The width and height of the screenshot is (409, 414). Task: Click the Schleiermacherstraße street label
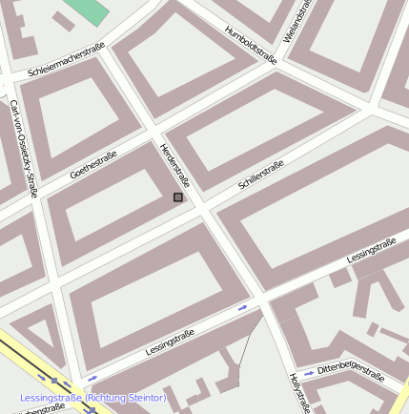tap(66, 60)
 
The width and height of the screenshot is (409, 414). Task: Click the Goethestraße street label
tap(93, 165)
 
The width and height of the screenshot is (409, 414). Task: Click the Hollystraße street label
tap(299, 392)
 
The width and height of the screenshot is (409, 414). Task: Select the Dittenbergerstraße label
tap(350, 368)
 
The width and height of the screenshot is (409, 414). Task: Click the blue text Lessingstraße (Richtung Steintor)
tap(92, 397)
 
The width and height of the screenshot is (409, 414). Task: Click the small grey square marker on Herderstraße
tap(177, 197)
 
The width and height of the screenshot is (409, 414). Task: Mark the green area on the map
tap(89, 10)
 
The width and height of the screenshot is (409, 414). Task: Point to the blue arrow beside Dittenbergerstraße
tap(308, 373)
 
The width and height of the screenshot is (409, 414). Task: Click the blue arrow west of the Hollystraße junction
tap(243, 307)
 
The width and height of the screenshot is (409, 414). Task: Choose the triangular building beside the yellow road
tap(39, 337)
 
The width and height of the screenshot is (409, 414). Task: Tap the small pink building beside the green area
tap(63, 20)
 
